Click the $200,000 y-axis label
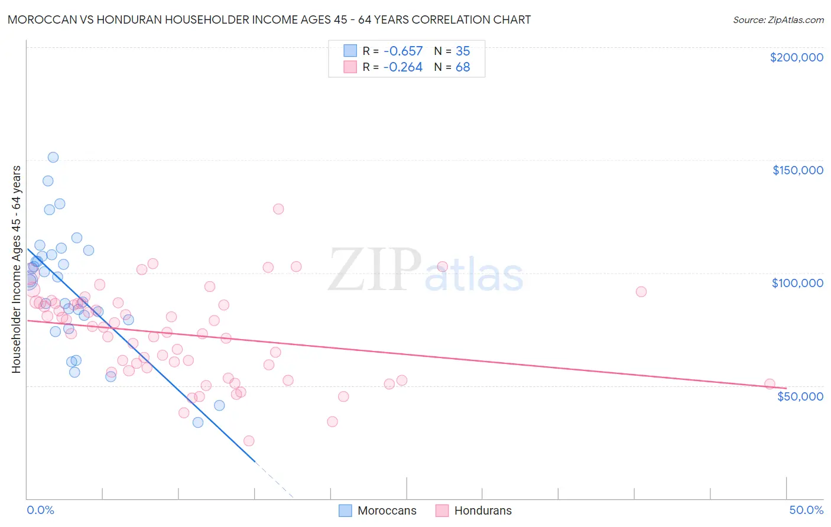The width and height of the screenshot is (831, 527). click(x=796, y=57)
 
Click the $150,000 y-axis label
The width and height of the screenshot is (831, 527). click(x=797, y=170)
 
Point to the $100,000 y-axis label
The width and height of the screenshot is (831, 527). click(x=797, y=283)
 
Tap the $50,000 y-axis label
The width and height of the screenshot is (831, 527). click(x=800, y=396)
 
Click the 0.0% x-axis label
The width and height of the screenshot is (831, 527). click(x=40, y=510)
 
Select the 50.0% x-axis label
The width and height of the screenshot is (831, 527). click(x=806, y=510)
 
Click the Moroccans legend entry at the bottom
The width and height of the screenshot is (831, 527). click(x=387, y=510)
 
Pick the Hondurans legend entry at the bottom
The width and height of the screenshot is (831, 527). click(x=482, y=510)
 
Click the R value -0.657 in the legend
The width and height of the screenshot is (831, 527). click(x=402, y=51)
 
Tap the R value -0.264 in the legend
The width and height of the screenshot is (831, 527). click(x=402, y=67)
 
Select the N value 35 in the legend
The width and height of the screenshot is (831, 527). click(x=463, y=51)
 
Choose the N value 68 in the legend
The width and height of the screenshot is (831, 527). click(x=463, y=67)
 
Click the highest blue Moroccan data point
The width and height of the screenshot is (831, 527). click(x=53, y=157)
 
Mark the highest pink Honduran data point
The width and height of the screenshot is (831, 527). click(x=278, y=209)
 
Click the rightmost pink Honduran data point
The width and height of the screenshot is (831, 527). click(x=770, y=384)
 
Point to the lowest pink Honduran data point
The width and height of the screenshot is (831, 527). click(x=249, y=441)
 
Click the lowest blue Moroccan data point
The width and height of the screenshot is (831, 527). click(x=198, y=422)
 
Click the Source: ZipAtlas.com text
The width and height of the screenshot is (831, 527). click(x=778, y=19)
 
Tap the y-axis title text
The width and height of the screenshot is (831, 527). click(x=16, y=269)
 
